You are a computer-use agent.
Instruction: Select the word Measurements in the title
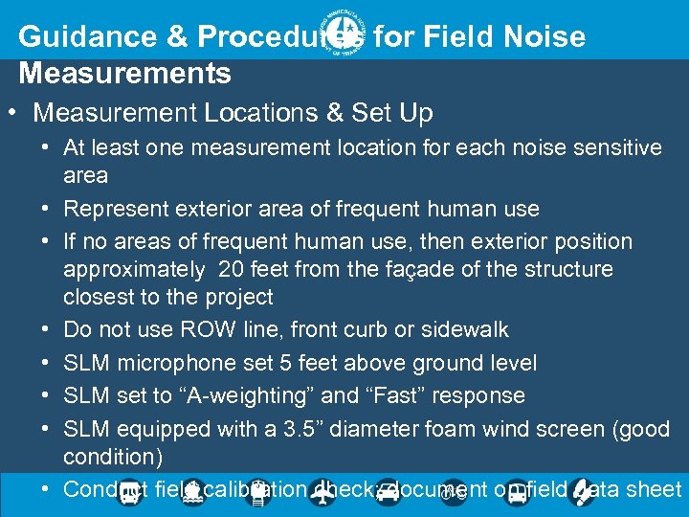click(124, 73)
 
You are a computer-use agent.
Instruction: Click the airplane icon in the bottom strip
click(323, 494)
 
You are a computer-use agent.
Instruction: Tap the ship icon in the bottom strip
click(192, 492)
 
